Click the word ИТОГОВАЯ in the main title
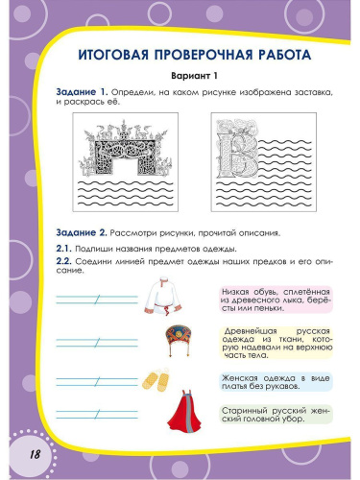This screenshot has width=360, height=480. pos(98,55)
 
